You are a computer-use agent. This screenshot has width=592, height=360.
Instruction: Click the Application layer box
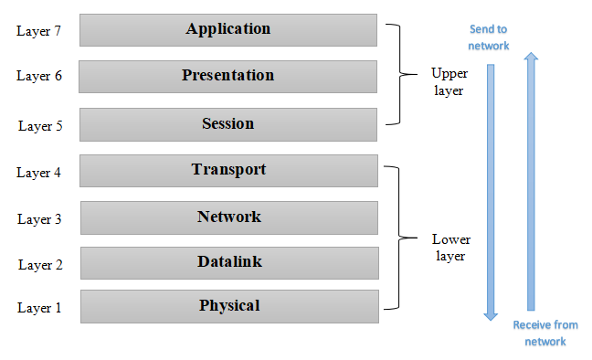click(228, 29)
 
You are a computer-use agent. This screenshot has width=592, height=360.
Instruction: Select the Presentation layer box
click(228, 76)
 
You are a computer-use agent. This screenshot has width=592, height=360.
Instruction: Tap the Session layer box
click(228, 123)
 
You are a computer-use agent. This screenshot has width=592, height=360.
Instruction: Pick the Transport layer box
click(228, 170)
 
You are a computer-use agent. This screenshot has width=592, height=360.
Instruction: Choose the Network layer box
click(228, 217)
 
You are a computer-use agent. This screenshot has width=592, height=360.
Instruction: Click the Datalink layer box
click(228, 262)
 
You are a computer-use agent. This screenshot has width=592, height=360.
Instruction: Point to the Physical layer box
click(228, 306)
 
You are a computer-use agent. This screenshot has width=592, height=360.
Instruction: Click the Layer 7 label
click(39, 31)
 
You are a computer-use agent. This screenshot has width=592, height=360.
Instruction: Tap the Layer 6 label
click(39, 76)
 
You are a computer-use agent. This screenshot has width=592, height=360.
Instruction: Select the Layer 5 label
click(40, 125)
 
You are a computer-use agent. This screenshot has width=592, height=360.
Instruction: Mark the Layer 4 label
click(40, 172)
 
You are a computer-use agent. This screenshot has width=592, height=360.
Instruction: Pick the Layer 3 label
click(40, 219)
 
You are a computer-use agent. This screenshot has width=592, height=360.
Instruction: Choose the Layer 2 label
click(40, 265)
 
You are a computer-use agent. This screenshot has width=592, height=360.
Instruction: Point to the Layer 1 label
click(40, 308)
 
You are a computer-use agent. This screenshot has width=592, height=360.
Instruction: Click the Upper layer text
click(448, 81)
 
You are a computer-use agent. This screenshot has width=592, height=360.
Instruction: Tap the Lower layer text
click(449, 248)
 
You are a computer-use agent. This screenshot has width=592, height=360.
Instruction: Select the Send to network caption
click(489, 37)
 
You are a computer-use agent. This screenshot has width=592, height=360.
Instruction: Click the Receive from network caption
click(545, 333)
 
